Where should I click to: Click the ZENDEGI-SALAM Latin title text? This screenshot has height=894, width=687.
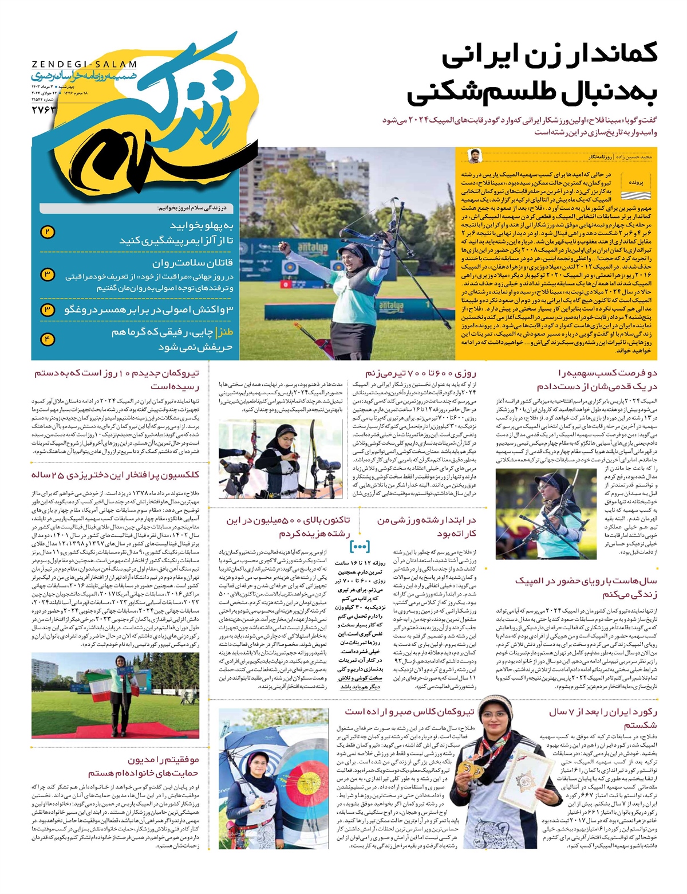coord(84,65)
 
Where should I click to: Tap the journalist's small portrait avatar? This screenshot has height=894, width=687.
coord(474,155)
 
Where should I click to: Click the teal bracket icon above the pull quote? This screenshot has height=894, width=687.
coord(360,546)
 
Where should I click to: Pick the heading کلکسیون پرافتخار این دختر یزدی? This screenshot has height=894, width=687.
coord(115,475)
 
